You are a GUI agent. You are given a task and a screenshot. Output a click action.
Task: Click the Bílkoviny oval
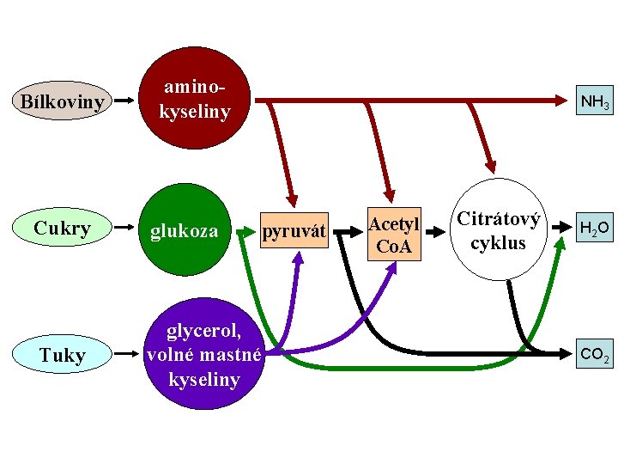click(62, 101)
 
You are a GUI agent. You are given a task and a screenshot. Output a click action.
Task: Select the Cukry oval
click(62, 229)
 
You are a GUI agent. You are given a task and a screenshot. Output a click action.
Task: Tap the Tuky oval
click(62, 354)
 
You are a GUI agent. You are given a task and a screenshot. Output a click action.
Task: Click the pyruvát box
click(294, 230)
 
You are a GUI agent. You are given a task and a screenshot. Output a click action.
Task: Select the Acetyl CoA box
click(394, 235)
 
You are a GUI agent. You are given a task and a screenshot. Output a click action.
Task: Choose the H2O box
click(594, 229)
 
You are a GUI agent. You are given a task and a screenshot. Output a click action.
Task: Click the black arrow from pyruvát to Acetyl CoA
click(348, 231)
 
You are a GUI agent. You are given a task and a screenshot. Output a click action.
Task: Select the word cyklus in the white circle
click(499, 242)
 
